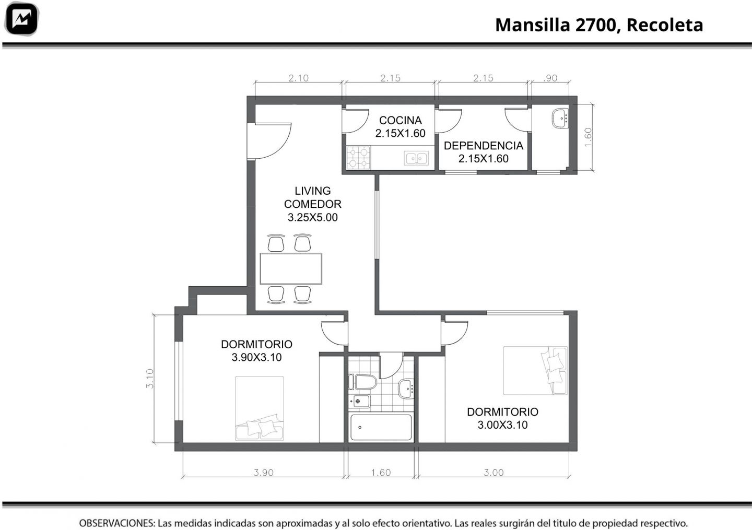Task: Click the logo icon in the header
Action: pyautogui.click(x=21, y=19)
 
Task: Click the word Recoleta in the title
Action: pyautogui.click(x=665, y=25)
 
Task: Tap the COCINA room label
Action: pyautogui.click(x=400, y=120)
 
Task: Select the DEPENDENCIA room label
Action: pyautogui.click(x=484, y=146)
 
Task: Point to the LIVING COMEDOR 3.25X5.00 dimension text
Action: pyautogui.click(x=312, y=218)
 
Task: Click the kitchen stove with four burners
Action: pyautogui.click(x=359, y=157)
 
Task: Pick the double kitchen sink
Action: pyautogui.click(x=416, y=158)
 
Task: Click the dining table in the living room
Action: pyautogui.click(x=291, y=268)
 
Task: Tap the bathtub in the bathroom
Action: pyautogui.click(x=381, y=427)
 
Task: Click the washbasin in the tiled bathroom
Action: pyautogui.click(x=406, y=389)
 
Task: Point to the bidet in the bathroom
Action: pyautogui.click(x=359, y=401)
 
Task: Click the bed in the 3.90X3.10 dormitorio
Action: pyautogui.click(x=260, y=408)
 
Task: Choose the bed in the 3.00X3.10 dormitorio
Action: pyautogui.click(x=535, y=371)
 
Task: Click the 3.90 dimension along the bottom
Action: pyautogui.click(x=264, y=473)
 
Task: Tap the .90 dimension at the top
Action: pyautogui.click(x=550, y=78)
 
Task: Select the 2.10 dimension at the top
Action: pyautogui.click(x=299, y=78)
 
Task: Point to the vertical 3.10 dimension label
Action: pyautogui.click(x=150, y=379)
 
